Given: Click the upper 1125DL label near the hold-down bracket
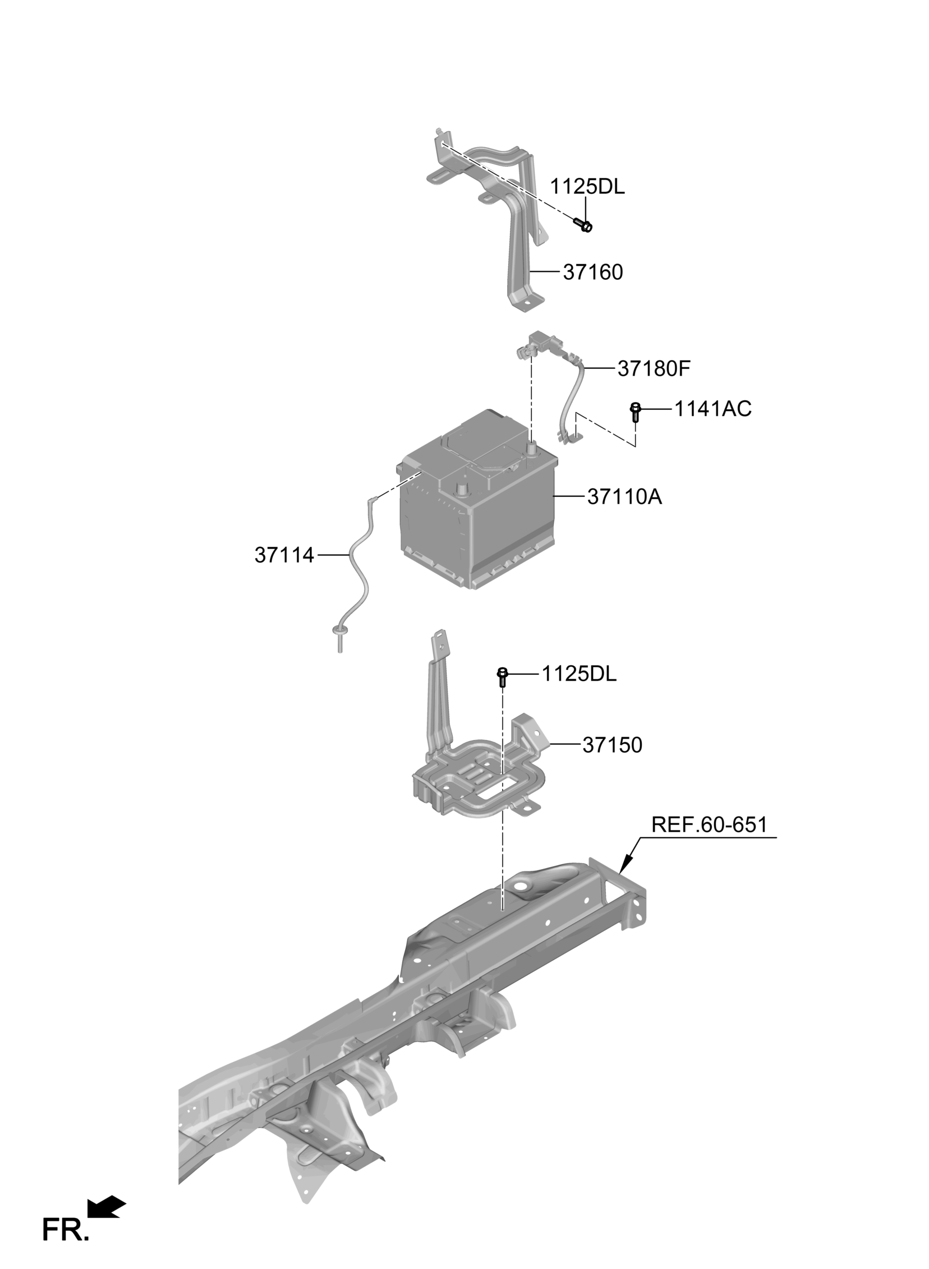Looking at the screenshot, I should tap(587, 187).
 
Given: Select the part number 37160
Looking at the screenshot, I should tap(593, 272).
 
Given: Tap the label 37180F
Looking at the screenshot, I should tap(654, 368).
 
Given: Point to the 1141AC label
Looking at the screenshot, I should tap(712, 409).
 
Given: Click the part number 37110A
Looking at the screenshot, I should tap(624, 497).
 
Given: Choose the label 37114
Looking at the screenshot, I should tap(284, 555).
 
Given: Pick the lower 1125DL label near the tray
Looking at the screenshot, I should tap(578, 674).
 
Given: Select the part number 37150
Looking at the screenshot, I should tap(612, 745).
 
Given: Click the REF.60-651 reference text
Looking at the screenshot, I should tap(709, 825).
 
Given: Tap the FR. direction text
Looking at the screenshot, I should tap(65, 1230).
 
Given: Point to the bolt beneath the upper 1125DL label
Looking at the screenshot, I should tap(584, 225).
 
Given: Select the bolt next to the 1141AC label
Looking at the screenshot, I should tap(636, 413).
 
